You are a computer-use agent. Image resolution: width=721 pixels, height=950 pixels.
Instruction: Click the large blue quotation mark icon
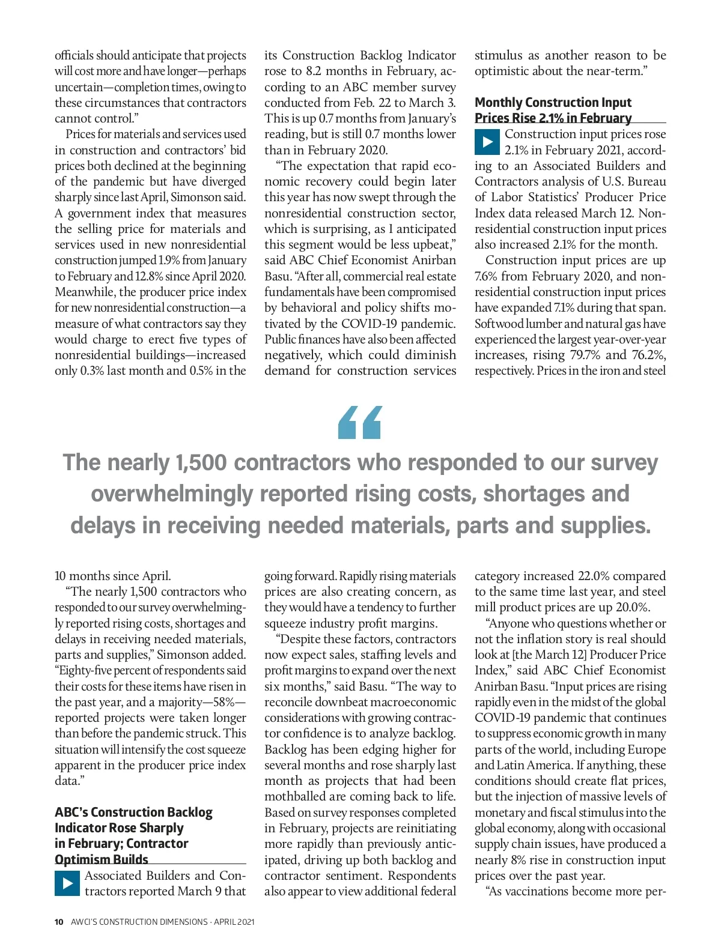click(x=360, y=422)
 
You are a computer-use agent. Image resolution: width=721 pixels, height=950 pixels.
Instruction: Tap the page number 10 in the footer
click(x=59, y=922)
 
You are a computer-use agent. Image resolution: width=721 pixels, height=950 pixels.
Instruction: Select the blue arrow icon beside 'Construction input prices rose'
click(x=487, y=142)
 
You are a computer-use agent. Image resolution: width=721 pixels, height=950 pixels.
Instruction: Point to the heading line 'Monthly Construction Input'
click(x=553, y=103)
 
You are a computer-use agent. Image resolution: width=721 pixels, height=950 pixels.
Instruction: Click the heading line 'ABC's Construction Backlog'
click(x=133, y=812)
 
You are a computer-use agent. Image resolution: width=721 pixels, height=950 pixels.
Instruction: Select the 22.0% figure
click(x=594, y=576)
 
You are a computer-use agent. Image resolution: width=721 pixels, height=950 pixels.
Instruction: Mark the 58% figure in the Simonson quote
click(x=213, y=702)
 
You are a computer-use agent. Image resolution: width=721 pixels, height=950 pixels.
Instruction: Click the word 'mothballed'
click(x=294, y=797)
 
